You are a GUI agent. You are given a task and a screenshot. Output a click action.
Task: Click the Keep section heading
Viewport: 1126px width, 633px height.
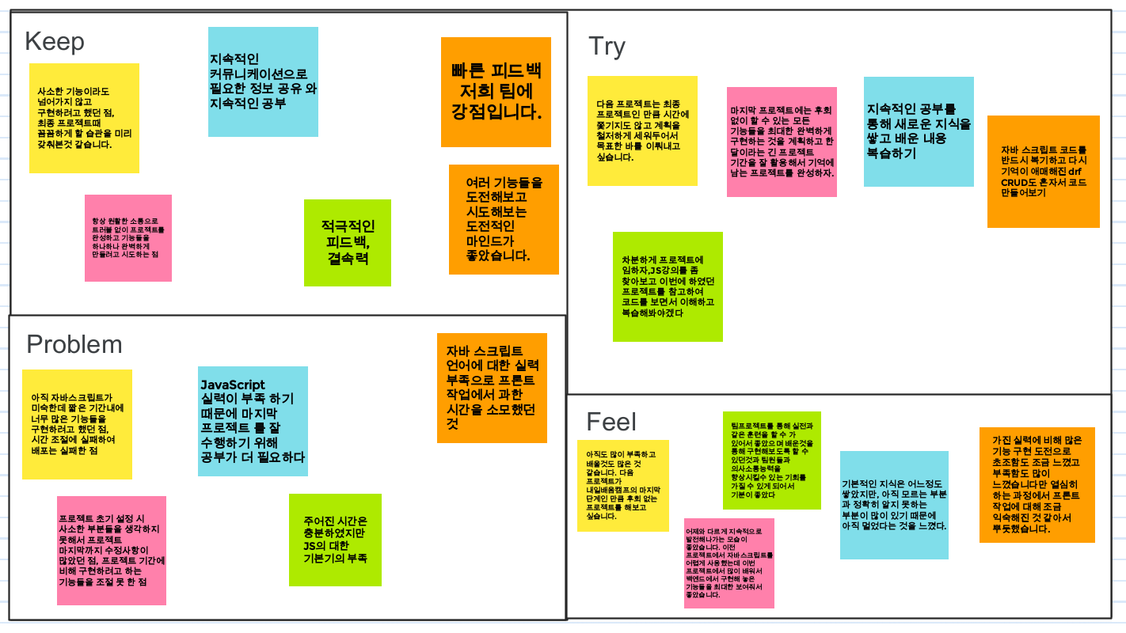(55, 41)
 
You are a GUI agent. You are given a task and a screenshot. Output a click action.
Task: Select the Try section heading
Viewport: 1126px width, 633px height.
(607, 47)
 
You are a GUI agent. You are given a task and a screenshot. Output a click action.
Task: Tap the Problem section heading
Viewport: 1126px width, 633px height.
(74, 344)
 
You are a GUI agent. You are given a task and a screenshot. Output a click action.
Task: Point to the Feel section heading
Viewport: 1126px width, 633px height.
(611, 422)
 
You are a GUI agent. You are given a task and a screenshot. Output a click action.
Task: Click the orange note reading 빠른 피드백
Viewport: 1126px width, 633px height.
(496, 92)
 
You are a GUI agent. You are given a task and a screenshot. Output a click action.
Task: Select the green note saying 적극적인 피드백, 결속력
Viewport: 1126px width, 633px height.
(348, 243)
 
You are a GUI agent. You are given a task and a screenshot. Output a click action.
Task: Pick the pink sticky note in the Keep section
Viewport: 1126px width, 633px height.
(128, 238)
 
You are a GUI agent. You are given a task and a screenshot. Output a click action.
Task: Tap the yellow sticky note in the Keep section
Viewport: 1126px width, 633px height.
(84, 118)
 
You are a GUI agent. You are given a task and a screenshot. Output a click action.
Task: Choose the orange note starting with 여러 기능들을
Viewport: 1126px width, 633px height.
(504, 219)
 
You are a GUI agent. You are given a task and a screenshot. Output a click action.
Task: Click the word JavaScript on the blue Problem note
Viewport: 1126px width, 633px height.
(233, 385)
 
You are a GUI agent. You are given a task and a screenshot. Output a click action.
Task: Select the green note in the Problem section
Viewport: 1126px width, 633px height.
(335, 540)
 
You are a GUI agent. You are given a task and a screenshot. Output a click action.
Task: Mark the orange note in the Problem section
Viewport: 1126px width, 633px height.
(492, 388)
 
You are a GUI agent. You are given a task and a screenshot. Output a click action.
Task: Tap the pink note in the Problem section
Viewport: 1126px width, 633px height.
(112, 550)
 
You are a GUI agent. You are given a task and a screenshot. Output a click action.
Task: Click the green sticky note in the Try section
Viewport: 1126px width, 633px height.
(668, 286)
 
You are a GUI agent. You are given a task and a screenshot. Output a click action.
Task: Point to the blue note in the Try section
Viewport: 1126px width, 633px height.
(919, 131)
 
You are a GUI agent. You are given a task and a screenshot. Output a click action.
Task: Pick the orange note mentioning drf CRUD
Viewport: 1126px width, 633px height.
(1043, 172)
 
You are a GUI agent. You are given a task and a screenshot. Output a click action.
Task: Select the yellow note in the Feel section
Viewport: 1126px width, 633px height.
(622, 485)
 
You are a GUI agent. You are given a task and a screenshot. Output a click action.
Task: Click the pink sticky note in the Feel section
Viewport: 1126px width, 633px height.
(728, 563)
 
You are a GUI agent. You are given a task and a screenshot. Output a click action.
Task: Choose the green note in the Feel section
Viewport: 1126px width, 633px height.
(771, 460)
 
